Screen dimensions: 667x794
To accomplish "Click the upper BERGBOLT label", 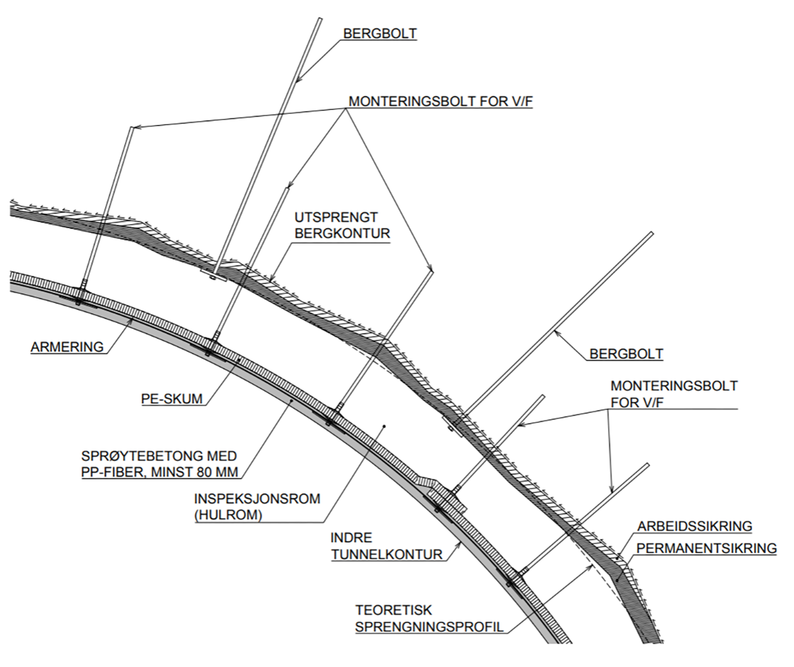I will (x=380, y=34).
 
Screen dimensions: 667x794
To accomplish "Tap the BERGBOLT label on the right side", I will (x=626, y=354).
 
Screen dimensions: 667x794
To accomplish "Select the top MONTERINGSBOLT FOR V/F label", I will (x=440, y=102).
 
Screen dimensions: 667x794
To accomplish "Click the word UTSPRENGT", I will (x=336, y=217).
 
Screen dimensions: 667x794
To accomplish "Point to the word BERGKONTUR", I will (x=342, y=234).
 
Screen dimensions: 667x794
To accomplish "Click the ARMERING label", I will (x=67, y=347).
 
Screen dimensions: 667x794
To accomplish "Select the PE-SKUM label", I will (x=172, y=399).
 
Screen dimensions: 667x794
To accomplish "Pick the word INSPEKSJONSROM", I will (x=257, y=498).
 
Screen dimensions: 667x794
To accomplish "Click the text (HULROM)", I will (x=228, y=515).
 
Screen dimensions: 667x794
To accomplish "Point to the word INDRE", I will (x=351, y=538).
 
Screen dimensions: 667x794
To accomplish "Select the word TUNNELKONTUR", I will (x=387, y=554).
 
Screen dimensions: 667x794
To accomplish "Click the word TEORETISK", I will (x=394, y=610).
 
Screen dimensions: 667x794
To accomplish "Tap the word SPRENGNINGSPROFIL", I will (x=429, y=627).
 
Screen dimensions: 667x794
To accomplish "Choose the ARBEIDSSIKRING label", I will (x=694, y=526).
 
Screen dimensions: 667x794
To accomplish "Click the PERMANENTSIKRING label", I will (x=706, y=548).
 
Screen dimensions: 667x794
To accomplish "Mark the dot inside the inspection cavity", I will (x=384, y=426).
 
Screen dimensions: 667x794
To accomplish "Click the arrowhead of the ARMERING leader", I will (x=132, y=321).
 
